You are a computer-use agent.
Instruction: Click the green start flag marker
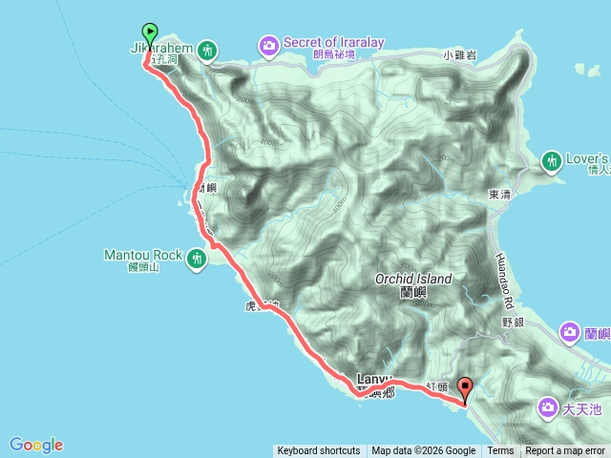[150, 32]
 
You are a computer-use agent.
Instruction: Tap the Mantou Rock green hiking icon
[197, 257]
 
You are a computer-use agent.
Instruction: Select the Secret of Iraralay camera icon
[269, 44]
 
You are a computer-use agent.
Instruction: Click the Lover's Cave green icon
[552, 161]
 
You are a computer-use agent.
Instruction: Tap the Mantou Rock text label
[143, 255]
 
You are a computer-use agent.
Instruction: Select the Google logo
[36, 445]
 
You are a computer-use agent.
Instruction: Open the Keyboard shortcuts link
[318, 451]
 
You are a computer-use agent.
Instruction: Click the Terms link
[500, 451]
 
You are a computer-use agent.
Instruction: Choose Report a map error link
[565, 451]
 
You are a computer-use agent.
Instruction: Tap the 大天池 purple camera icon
[548, 408]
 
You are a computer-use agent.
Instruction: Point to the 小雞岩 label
[458, 56]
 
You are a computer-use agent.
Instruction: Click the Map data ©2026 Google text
[424, 451]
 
